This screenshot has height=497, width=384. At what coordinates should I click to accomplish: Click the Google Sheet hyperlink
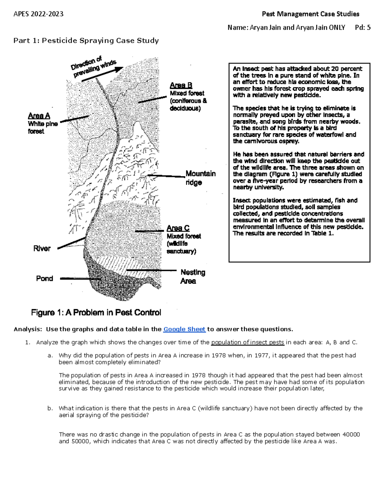pos(184,329)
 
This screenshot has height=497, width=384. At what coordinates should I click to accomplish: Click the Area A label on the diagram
pos(39,116)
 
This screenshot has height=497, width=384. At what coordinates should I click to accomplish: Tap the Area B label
pos(181,85)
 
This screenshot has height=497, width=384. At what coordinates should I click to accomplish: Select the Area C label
pos(178,228)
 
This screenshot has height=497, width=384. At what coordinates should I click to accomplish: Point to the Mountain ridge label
pos(201,178)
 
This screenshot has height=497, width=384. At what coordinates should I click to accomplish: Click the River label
pos(42,248)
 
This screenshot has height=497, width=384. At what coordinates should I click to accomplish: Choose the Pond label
pos(44,278)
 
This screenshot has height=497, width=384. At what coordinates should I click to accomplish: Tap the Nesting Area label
pos(193,277)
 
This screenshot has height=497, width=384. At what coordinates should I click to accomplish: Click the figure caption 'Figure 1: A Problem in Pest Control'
pos(96,312)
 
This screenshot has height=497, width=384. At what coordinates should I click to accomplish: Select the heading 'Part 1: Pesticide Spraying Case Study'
pos(86,40)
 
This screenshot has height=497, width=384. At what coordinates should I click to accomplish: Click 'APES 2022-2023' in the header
pos(38,14)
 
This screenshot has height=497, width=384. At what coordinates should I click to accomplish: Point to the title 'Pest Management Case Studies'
pos(310,14)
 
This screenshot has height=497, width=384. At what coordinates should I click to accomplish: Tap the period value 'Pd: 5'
pos(363,28)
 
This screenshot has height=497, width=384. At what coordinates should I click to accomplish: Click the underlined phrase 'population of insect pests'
pos(247,342)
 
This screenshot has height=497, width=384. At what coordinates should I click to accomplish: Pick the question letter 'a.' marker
pos(50,356)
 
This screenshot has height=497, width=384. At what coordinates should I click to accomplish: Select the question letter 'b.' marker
pos(50,408)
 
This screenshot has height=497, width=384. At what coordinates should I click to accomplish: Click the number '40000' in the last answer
pos(351,435)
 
